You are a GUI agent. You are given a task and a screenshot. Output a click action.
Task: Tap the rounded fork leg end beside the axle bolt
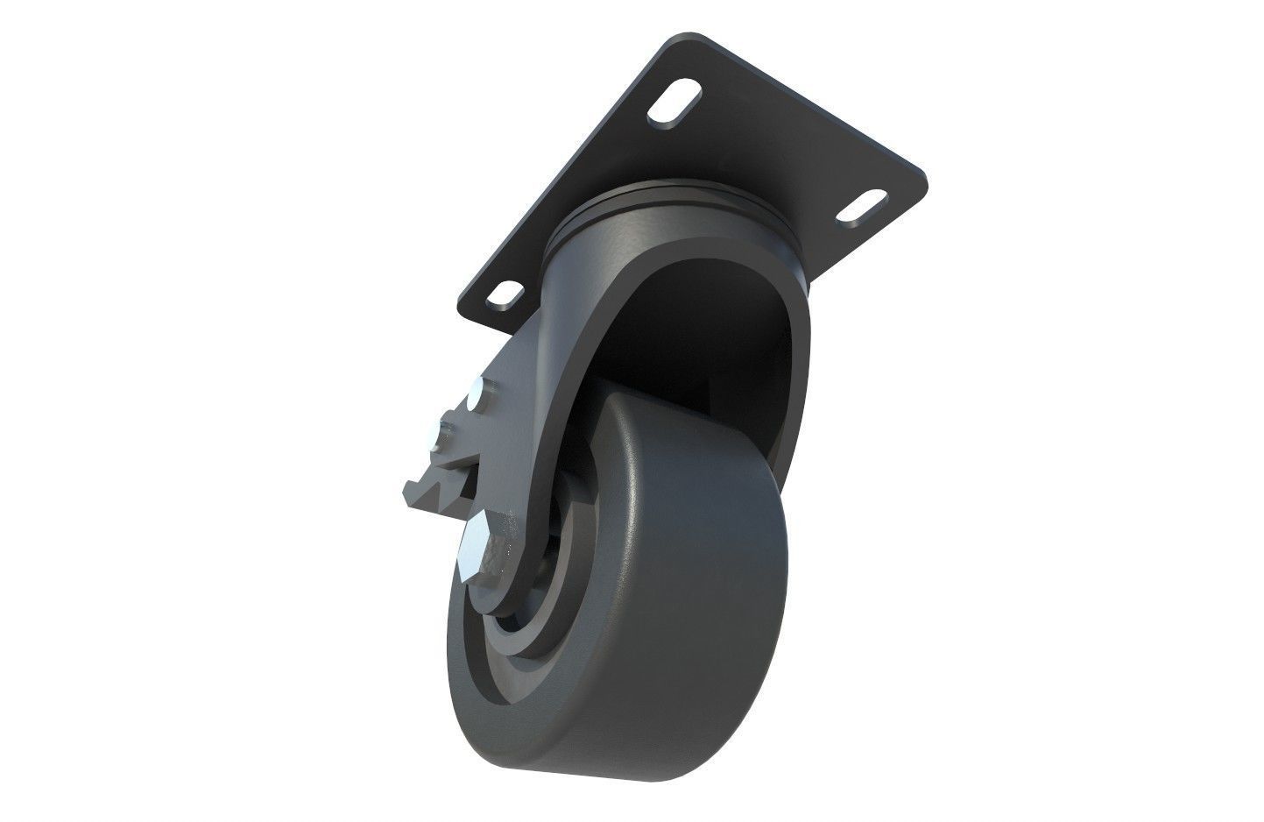point(508,578)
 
